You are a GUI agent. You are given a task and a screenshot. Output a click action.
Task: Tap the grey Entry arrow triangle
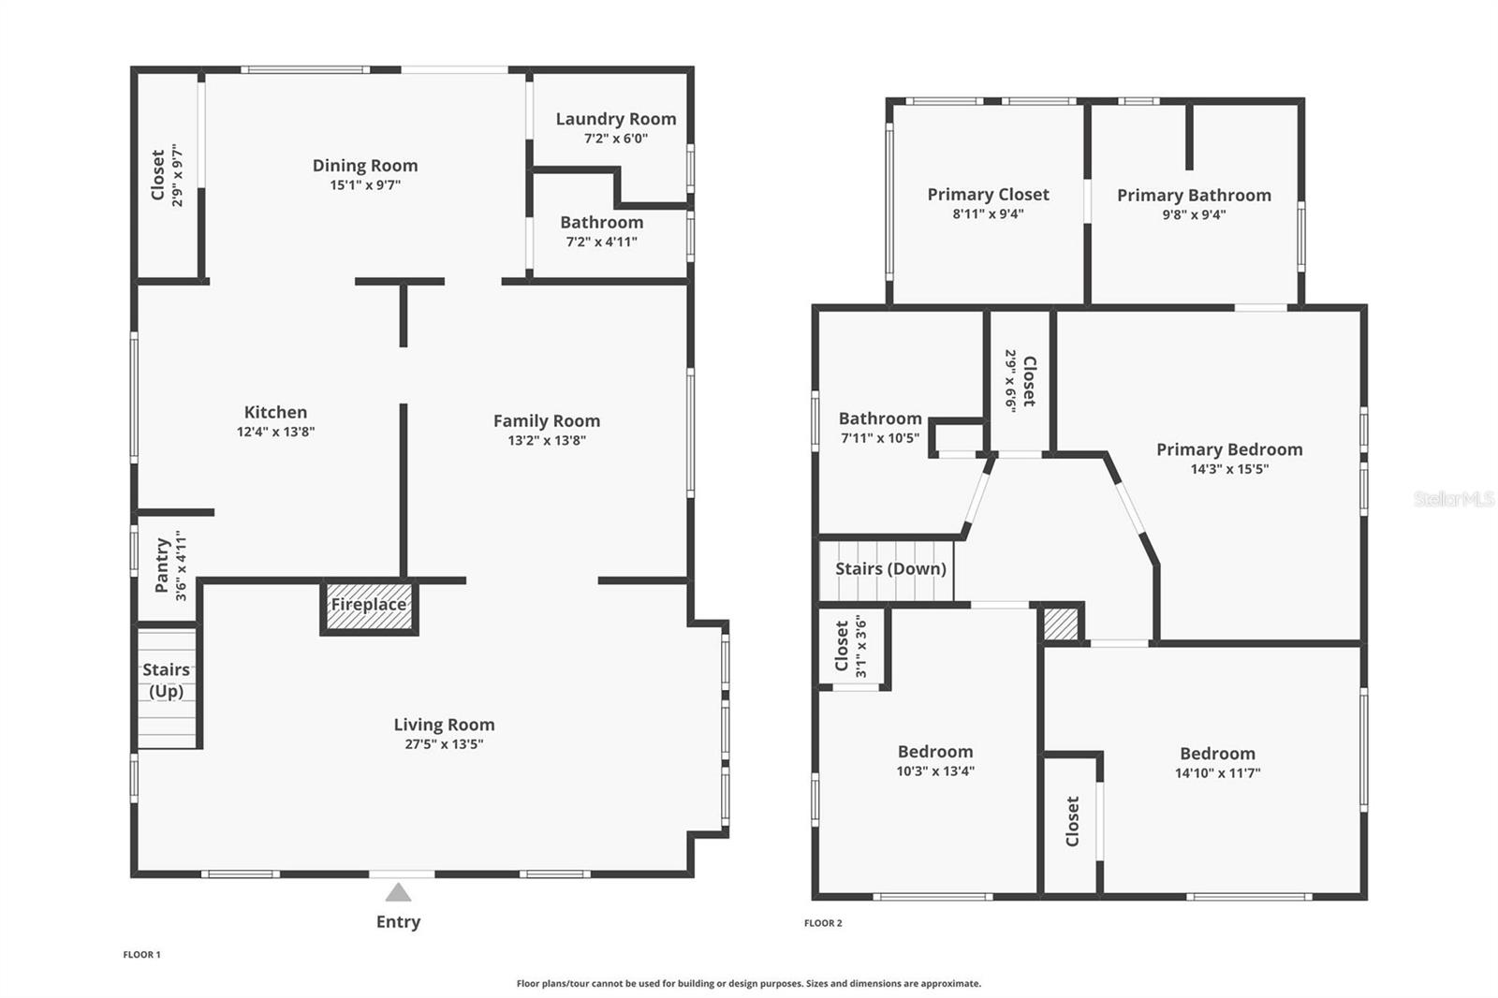point(398,892)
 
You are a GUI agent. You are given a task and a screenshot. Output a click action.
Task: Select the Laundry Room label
point(616,118)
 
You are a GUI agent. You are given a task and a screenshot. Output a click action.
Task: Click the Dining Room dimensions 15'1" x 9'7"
point(365,184)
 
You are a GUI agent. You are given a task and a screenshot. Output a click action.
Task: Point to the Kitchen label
point(275,412)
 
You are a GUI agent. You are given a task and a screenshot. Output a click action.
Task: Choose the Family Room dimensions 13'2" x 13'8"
point(547,440)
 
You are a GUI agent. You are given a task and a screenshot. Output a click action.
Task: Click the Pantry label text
point(162,565)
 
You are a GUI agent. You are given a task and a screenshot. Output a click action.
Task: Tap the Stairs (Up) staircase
point(168,687)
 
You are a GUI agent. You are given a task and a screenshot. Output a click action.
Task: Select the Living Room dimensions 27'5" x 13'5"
point(444,743)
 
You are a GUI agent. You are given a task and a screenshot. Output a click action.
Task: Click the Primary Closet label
point(988,195)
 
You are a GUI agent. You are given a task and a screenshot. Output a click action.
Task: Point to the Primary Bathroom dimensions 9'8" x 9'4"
point(1194,214)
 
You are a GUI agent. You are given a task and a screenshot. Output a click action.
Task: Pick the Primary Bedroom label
point(1230,449)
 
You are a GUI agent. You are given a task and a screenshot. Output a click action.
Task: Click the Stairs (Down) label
point(890,568)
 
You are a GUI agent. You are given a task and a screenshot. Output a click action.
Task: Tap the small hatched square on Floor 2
point(1061,624)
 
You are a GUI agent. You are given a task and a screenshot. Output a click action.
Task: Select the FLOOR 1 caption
point(141,955)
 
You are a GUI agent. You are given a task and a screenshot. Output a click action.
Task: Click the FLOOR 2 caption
point(823,923)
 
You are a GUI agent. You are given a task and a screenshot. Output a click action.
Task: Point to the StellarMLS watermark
point(1455,498)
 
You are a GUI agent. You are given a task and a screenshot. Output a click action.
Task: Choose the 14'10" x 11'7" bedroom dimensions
point(1218,773)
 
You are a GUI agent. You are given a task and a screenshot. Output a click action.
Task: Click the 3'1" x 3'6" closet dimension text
point(861,646)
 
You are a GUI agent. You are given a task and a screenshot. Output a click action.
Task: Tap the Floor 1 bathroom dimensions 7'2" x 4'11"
point(602,242)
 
